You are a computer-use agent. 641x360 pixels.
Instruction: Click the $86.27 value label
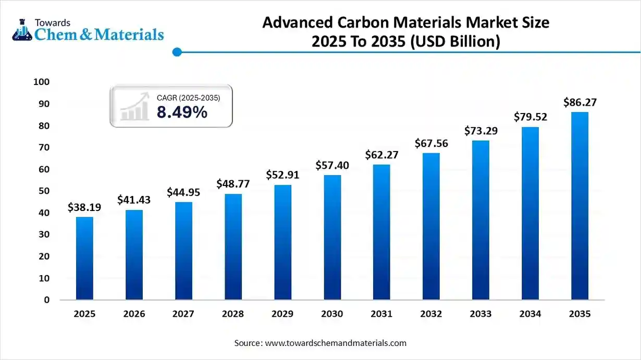point(580,103)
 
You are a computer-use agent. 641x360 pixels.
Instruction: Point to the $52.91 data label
point(282,175)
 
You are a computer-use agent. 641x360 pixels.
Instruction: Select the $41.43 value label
point(134,199)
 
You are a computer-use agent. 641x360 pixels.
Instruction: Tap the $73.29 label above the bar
point(480,131)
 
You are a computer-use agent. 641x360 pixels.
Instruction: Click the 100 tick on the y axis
point(41,82)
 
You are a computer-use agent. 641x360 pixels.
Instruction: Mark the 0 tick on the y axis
point(46,300)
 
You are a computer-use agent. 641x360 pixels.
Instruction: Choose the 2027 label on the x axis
point(183,314)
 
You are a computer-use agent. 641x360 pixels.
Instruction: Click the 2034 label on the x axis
point(530,314)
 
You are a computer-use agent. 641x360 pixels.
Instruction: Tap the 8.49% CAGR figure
point(182,112)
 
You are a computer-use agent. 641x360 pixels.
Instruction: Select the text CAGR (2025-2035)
point(188,97)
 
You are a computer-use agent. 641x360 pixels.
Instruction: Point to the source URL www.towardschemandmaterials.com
point(336,343)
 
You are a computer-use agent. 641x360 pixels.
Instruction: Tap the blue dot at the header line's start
point(177,52)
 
